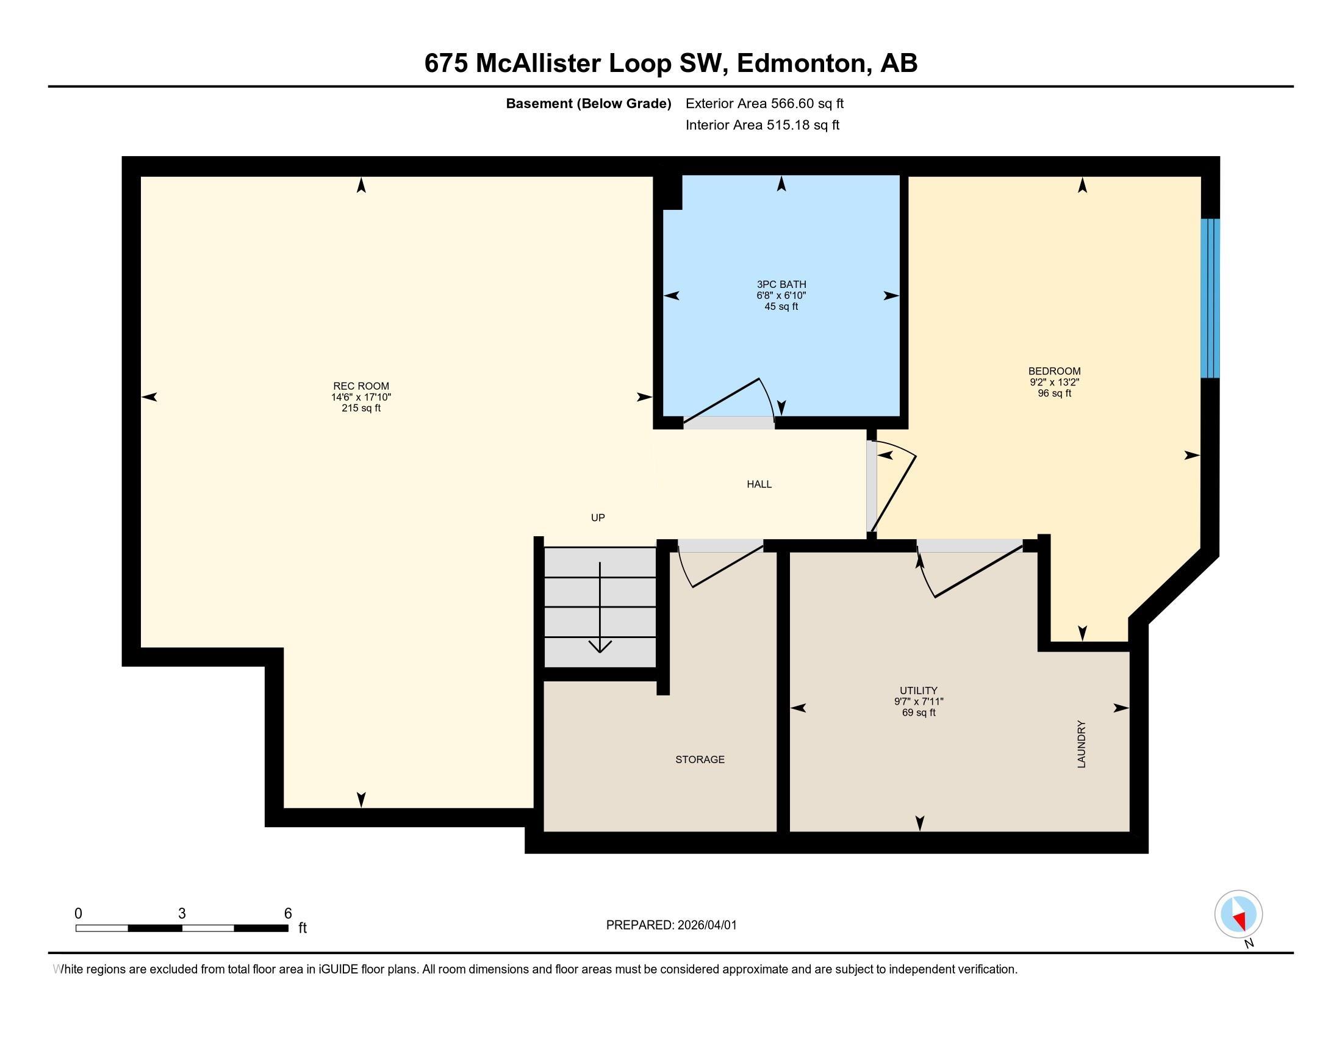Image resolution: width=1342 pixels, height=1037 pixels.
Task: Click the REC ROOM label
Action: [x=361, y=386]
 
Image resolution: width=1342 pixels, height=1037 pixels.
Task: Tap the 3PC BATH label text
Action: [x=781, y=284]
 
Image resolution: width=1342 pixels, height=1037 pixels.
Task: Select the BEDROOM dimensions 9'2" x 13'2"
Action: [x=1055, y=382]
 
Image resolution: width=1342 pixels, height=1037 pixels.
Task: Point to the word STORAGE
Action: [x=700, y=759]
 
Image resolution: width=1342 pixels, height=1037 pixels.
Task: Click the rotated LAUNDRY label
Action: [x=1082, y=744]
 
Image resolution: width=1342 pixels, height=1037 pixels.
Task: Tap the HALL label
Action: [x=759, y=484]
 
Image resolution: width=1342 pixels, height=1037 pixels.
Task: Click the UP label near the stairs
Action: [x=597, y=518]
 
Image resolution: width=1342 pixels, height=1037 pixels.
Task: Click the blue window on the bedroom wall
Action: [x=1210, y=298]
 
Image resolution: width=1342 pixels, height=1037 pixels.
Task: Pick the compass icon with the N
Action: [x=1238, y=914]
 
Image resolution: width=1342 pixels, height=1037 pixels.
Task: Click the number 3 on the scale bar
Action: [x=182, y=914]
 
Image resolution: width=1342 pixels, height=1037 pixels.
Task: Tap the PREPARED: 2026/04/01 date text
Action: [x=671, y=925]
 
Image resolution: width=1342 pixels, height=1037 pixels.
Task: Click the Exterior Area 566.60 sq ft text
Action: [x=764, y=104]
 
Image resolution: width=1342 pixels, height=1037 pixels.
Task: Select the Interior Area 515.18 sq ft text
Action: [x=762, y=125]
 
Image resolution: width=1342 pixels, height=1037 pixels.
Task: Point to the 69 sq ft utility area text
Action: [x=919, y=712]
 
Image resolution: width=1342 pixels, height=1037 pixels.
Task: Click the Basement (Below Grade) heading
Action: [x=588, y=104]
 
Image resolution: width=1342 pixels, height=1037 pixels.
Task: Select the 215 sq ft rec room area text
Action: [x=361, y=408]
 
